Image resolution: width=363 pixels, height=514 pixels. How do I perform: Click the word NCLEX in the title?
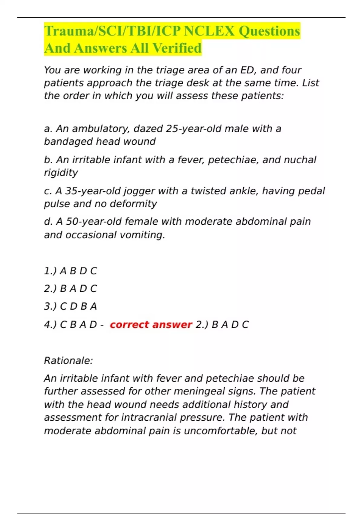click(x=209, y=31)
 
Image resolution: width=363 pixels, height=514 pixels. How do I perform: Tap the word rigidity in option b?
click(x=61, y=173)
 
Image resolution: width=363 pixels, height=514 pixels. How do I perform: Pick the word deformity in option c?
click(x=133, y=204)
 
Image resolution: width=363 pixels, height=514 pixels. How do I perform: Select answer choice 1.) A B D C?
click(x=70, y=271)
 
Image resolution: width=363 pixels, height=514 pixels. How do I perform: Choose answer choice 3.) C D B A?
click(x=70, y=307)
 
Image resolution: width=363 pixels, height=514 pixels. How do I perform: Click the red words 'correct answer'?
click(x=151, y=325)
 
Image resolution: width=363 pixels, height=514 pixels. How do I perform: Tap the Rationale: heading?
click(x=68, y=361)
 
